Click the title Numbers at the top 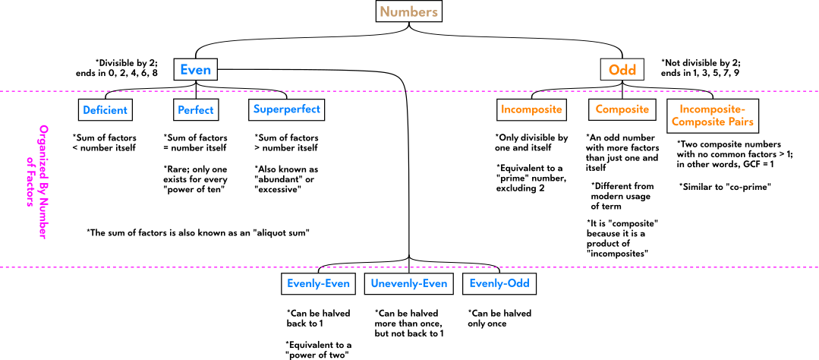pyautogui.click(x=408, y=12)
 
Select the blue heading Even pyautogui.click(x=195, y=70)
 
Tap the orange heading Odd pyautogui.click(x=622, y=70)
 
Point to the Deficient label pyautogui.click(x=105, y=110)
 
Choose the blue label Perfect pyautogui.click(x=195, y=110)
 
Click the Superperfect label pyautogui.click(x=286, y=109)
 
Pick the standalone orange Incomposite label pyautogui.click(x=531, y=109)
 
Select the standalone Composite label pyautogui.click(x=622, y=109)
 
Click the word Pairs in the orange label pyautogui.click(x=739, y=122)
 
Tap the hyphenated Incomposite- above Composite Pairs pyautogui.click(x=712, y=109)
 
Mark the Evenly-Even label pyautogui.click(x=318, y=283)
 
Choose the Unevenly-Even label pyautogui.click(x=408, y=283)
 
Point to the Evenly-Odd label pyautogui.click(x=499, y=283)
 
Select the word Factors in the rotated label pyautogui.click(x=30, y=186)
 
